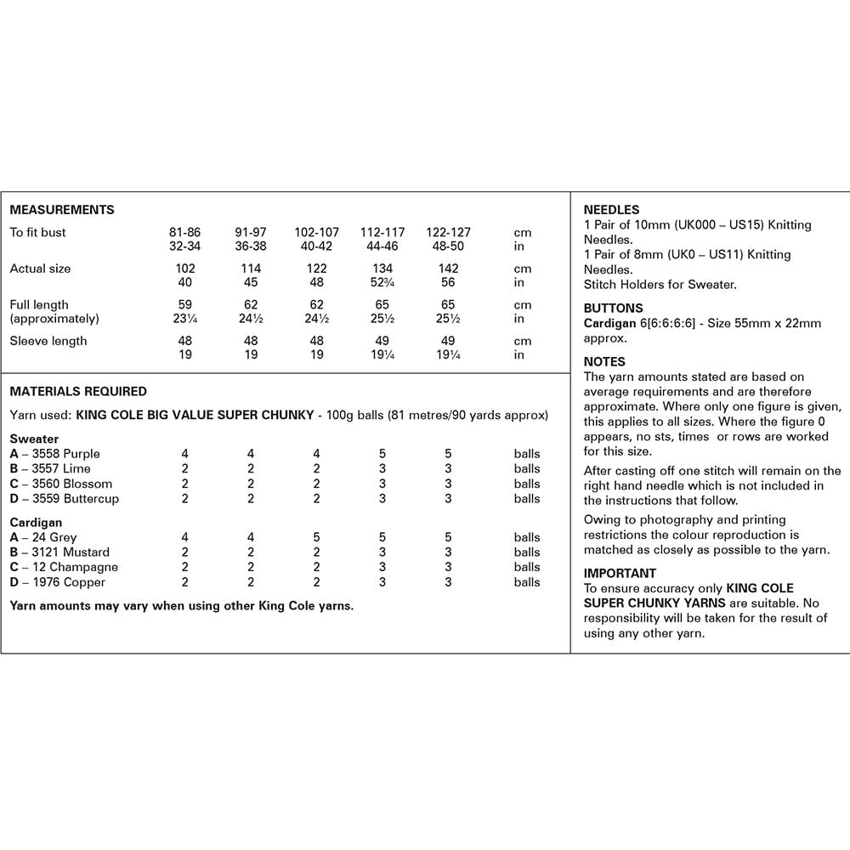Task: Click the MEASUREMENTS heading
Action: tap(62, 210)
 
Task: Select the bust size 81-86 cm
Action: tap(185, 232)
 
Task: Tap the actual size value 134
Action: tap(382, 269)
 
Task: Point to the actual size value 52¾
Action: tap(382, 283)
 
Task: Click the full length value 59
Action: tap(185, 304)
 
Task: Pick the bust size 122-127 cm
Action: tap(448, 232)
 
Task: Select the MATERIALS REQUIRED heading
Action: tap(78, 392)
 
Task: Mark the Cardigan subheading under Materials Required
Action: tap(36, 522)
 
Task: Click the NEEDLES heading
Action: tap(611, 210)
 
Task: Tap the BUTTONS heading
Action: tap(614, 308)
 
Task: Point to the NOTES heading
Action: tap(604, 361)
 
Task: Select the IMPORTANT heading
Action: tap(620, 573)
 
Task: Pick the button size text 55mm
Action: tap(739, 323)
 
